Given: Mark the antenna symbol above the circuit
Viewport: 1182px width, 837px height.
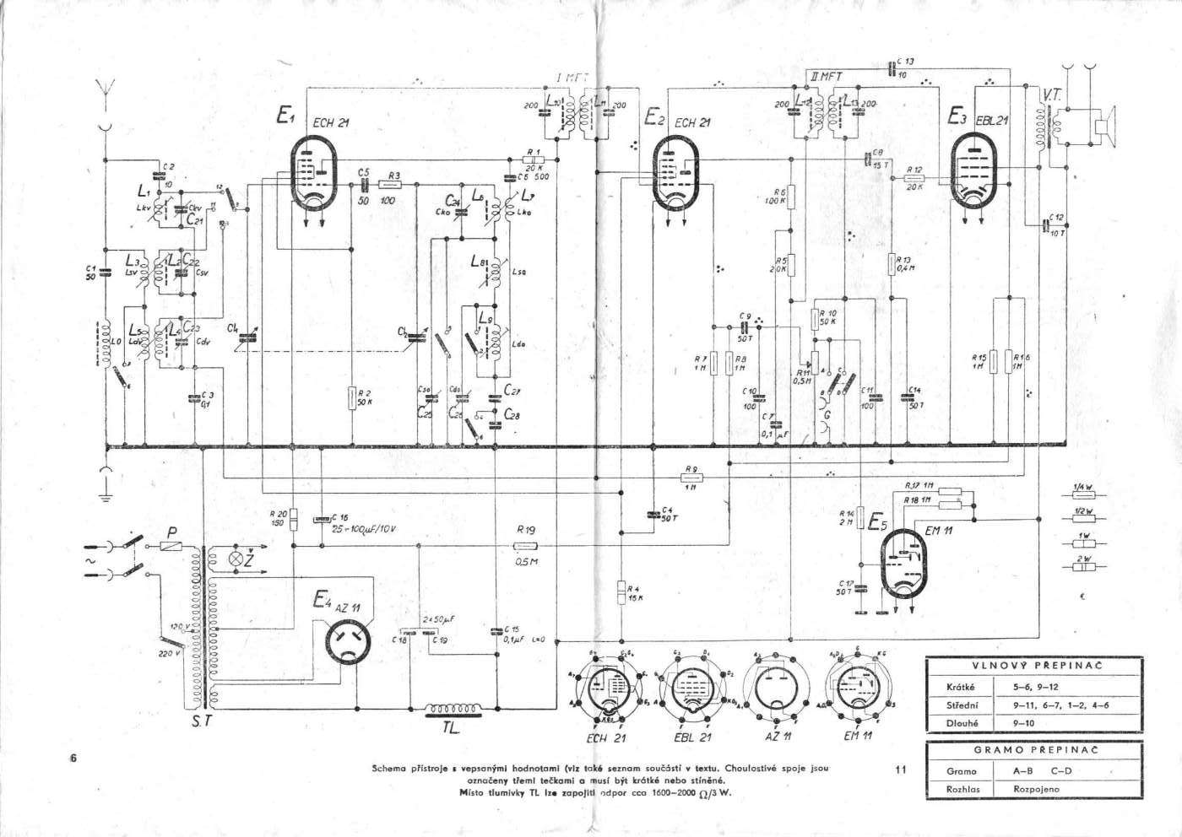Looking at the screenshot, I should pyautogui.click(x=106, y=89).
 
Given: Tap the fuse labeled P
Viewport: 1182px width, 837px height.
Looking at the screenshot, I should pyautogui.click(x=173, y=547).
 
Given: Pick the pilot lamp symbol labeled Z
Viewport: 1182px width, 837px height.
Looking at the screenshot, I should pyautogui.click(x=237, y=558).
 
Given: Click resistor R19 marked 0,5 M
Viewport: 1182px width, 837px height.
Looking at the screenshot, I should pyautogui.click(x=526, y=547).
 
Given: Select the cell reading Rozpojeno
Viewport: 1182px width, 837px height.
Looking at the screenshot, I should pyautogui.click(x=1038, y=789).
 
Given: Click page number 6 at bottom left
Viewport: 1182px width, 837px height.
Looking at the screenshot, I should pyautogui.click(x=74, y=758).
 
